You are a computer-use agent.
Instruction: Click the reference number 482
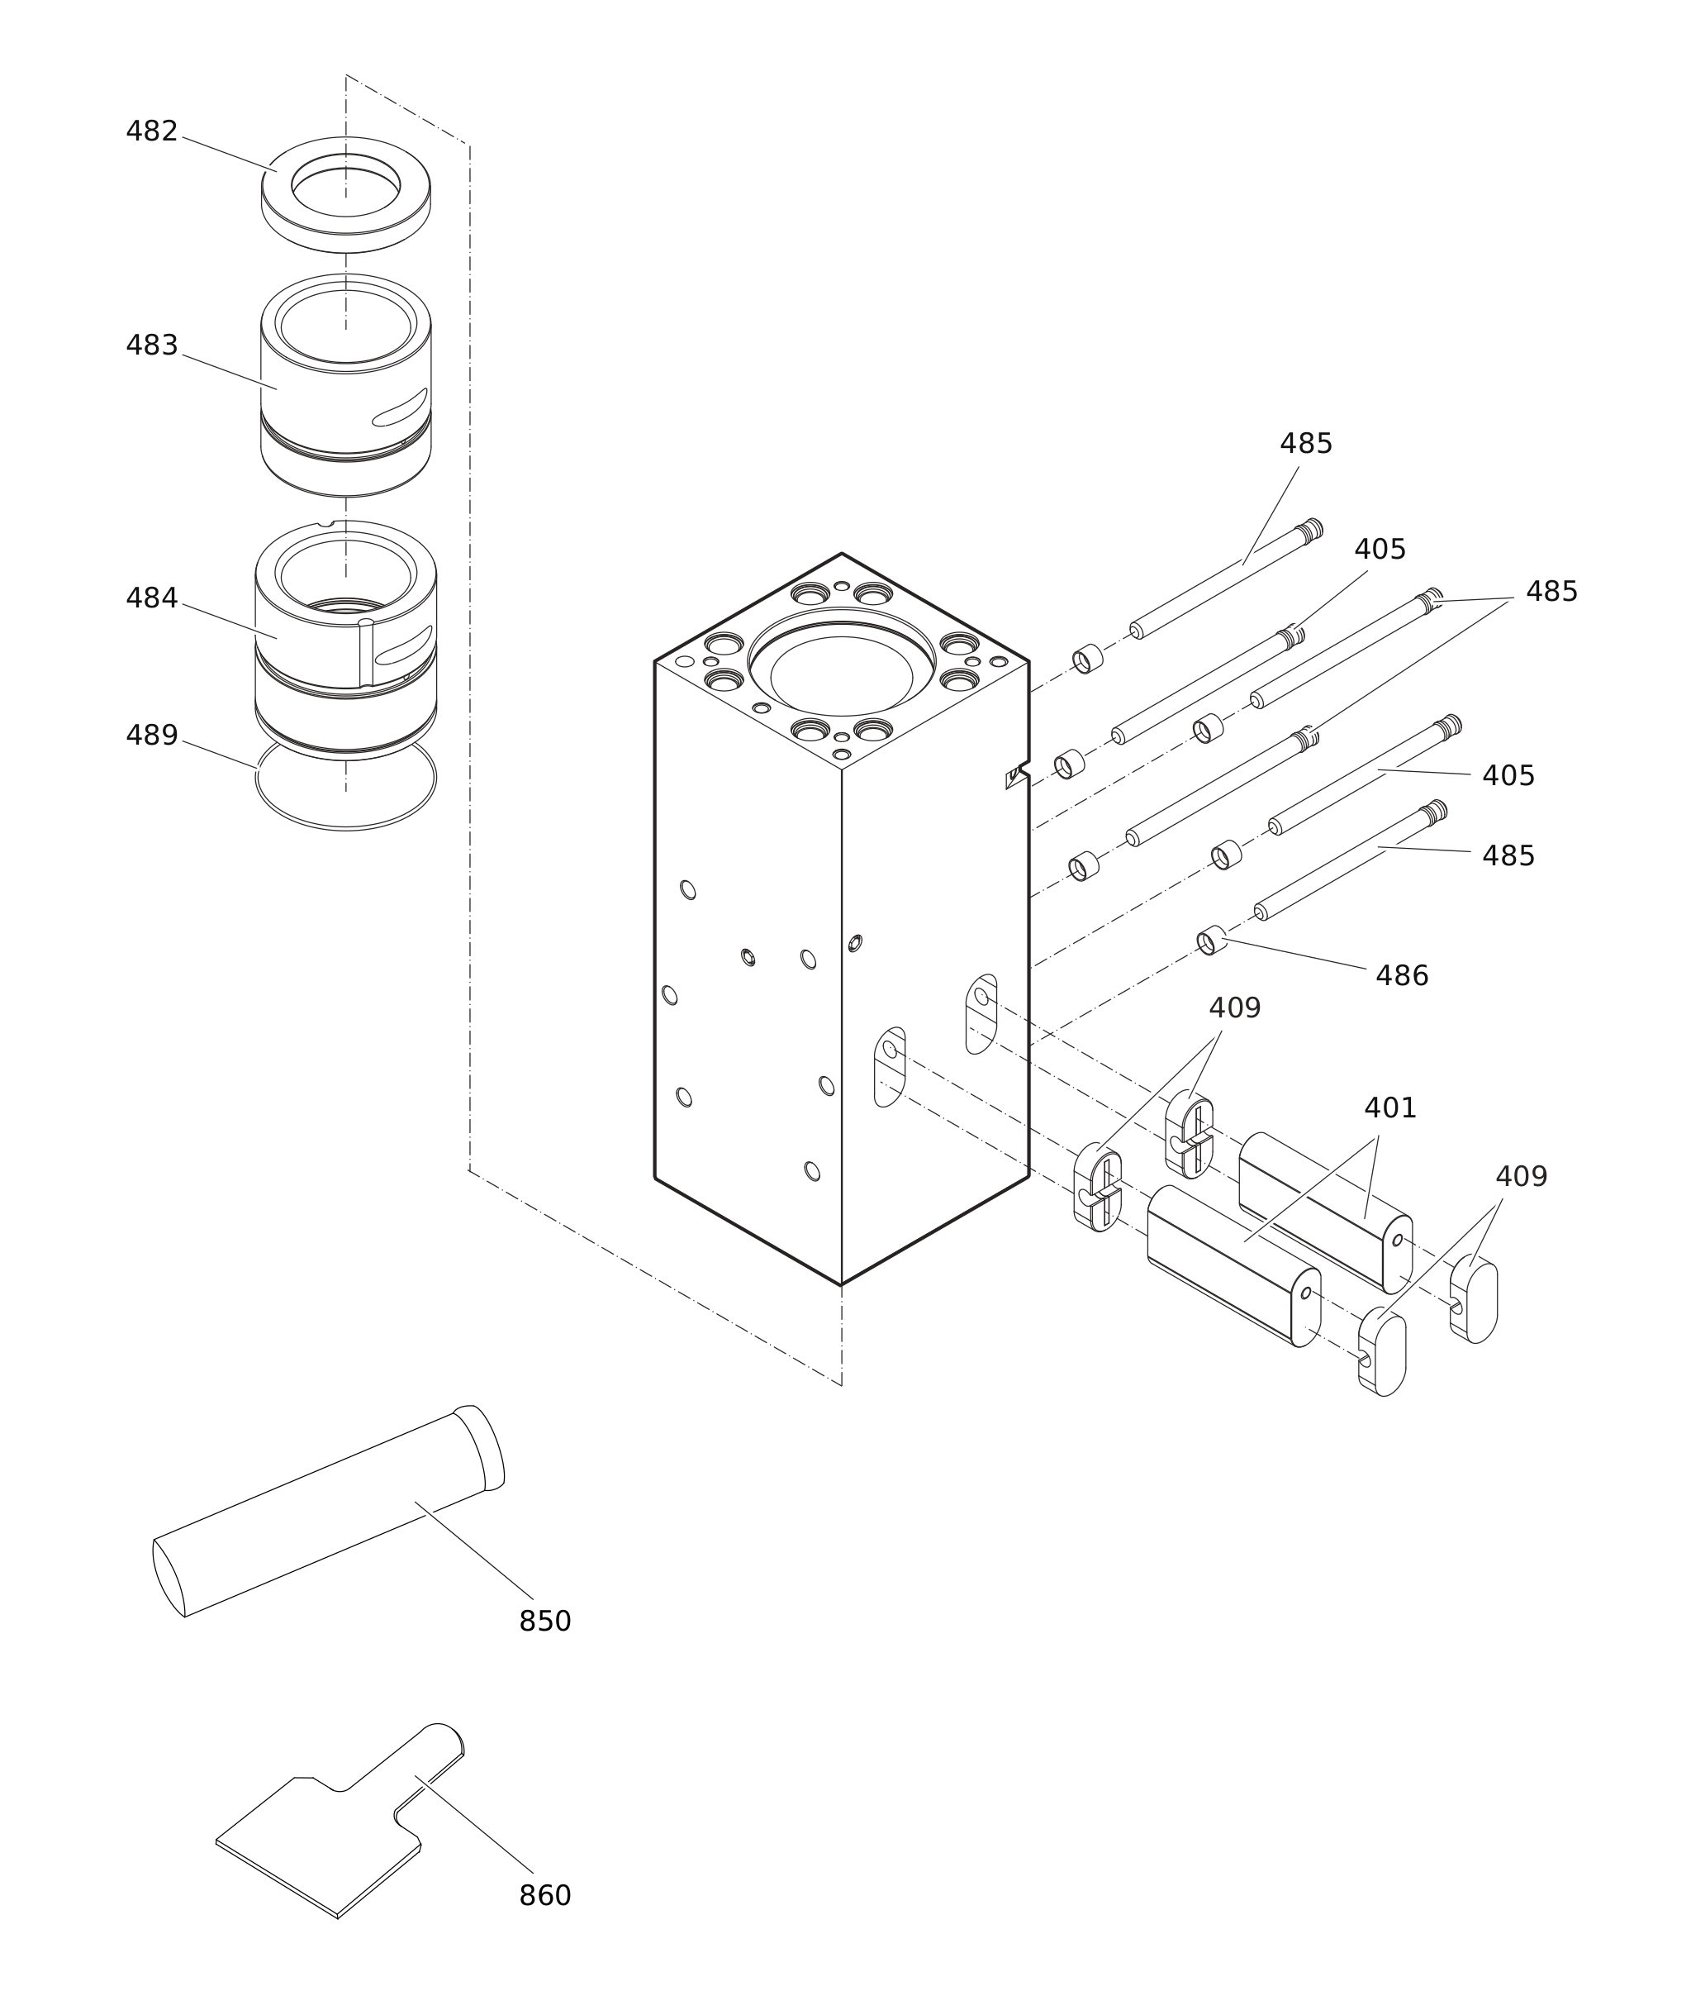click(x=151, y=131)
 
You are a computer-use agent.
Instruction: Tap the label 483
click(x=151, y=345)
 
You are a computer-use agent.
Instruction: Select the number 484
click(x=151, y=598)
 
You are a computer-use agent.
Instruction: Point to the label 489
click(x=151, y=736)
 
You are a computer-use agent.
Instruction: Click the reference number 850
click(x=544, y=1622)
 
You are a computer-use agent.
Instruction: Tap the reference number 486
click(x=1402, y=976)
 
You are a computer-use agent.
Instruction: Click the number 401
click(x=1390, y=1108)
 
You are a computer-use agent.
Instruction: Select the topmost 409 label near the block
click(x=1235, y=1009)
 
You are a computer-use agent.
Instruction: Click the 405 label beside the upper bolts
click(x=1380, y=550)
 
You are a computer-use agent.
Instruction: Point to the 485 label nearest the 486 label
click(x=1508, y=856)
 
